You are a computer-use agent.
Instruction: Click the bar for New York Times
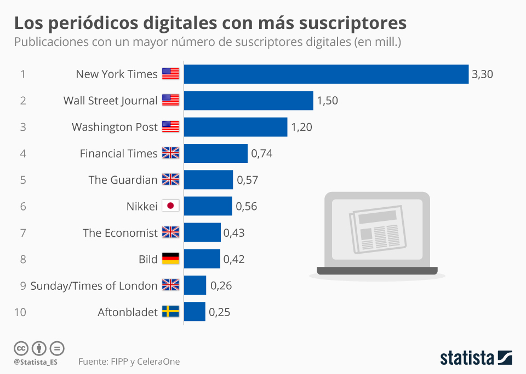click(x=326, y=74)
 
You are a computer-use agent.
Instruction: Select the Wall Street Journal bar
click(x=248, y=101)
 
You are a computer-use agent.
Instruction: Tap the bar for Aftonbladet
click(x=195, y=312)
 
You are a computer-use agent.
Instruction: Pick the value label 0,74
click(x=261, y=154)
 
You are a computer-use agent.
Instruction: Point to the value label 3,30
click(x=482, y=74)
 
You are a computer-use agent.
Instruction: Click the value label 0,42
click(x=233, y=259)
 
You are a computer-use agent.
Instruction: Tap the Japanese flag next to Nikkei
click(x=170, y=206)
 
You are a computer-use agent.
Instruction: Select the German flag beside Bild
click(x=170, y=259)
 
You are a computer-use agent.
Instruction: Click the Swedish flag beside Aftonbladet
click(x=170, y=312)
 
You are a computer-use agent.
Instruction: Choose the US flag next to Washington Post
click(x=170, y=127)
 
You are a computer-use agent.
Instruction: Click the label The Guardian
click(x=123, y=180)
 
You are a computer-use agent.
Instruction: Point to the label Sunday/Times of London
click(x=94, y=285)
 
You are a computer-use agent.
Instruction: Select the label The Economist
click(x=120, y=233)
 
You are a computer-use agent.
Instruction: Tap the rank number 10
click(x=20, y=312)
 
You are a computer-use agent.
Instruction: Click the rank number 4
click(x=23, y=154)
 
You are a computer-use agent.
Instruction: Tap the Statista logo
click(x=476, y=358)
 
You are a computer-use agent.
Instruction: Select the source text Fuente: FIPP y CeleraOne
click(x=129, y=361)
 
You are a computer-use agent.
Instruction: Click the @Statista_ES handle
click(x=36, y=362)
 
